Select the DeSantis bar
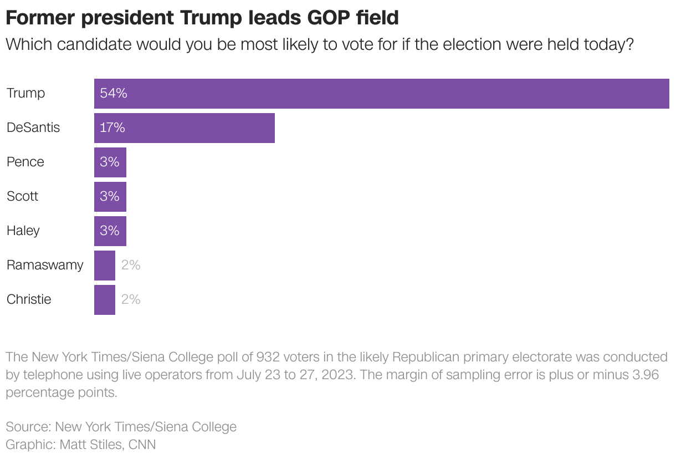tap(184, 127)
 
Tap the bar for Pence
tap(110, 162)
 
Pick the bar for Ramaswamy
tap(104, 265)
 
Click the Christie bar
tap(104, 299)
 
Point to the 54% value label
tap(113, 93)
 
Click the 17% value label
tap(112, 127)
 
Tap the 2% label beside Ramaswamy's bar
tap(131, 265)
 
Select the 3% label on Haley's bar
tap(110, 231)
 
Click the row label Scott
tap(22, 196)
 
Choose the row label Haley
tap(23, 231)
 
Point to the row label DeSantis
tap(33, 127)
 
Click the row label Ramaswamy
tap(44, 265)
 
